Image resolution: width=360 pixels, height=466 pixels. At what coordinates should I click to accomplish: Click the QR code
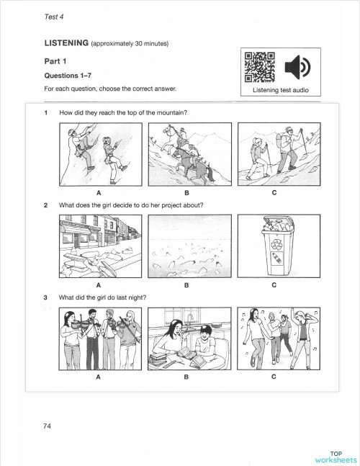coord(260,68)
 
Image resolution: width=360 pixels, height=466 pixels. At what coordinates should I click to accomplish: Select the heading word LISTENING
coord(66,44)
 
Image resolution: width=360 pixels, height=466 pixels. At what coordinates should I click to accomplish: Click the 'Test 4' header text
coord(55,14)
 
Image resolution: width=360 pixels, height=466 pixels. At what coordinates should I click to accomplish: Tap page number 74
coord(47,426)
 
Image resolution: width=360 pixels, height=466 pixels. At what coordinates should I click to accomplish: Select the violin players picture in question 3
coord(97,337)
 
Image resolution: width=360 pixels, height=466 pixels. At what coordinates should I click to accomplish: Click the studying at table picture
coord(186,337)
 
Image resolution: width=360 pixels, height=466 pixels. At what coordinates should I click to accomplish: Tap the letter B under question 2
coord(186,285)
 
